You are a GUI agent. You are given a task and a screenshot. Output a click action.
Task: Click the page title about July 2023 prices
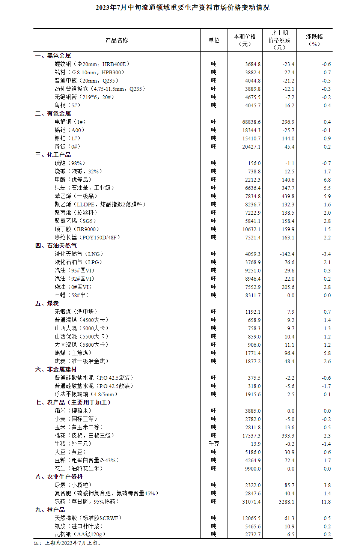pyautogui.click(x=182, y=8)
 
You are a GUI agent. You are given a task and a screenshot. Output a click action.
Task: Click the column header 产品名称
pyautogui.click(x=117, y=40)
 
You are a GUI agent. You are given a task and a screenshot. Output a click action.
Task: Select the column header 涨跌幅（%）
pyautogui.click(x=314, y=40)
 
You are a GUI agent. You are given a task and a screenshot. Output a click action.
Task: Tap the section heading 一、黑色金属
pyautogui.click(x=53, y=56)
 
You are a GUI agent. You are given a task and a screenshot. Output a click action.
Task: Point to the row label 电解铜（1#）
pyautogui.click(x=70, y=122)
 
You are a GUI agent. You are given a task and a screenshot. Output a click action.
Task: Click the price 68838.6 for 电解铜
pyautogui.click(x=251, y=122)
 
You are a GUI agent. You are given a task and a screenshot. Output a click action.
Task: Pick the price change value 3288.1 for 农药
pyautogui.click(x=286, y=502)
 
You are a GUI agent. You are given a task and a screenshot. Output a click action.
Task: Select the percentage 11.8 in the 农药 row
pyautogui.click(x=326, y=502)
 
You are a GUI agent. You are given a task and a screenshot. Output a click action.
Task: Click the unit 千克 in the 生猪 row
pyautogui.click(x=214, y=444)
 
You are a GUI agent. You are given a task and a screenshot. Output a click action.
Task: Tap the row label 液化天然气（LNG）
pyautogui.click(x=79, y=254)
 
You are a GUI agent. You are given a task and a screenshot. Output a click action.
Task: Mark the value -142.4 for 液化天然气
pyautogui.click(x=287, y=254)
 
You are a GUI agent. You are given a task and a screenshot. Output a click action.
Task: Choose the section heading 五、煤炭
pyautogui.click(x=47, y=303)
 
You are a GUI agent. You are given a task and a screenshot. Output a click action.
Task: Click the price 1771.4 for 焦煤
pyautogui.click(x=253, y=353)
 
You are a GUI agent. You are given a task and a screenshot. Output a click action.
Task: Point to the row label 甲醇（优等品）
pyautogui.click(x=73, y=180)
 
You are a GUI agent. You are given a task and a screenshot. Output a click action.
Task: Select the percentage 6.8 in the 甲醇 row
pyautogui.click(x=327, y=180)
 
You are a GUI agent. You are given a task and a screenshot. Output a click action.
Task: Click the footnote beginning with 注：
pyautogui.click(x=68, y=543)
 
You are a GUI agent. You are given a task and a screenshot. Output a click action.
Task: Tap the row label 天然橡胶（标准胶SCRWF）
pyautogui.click(x=88, y=518)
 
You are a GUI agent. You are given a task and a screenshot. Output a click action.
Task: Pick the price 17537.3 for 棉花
pyautogui.click(x=251, y=436)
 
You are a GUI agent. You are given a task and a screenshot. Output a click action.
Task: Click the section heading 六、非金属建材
pyautogui.click(x=56, y=369)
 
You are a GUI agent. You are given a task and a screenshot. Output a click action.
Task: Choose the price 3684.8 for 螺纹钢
pyautogui.click(x=253, y=64)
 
